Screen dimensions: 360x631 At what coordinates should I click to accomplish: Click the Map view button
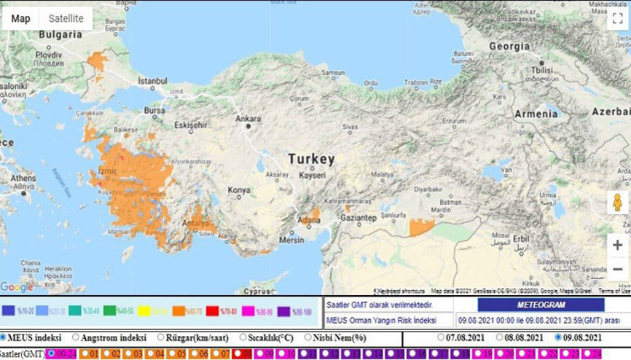21,18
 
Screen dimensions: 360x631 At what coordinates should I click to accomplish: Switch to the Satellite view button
66,18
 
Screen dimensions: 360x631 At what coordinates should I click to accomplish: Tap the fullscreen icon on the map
616,18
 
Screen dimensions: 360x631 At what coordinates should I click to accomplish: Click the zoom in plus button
617,245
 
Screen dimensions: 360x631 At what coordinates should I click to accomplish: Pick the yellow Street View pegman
617,203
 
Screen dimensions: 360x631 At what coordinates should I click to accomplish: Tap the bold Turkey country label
311,159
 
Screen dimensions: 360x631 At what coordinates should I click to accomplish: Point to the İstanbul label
153,79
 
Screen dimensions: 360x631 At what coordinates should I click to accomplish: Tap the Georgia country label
509,46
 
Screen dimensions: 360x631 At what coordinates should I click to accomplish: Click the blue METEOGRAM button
541,305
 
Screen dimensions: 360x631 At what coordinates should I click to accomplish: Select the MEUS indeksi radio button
4,337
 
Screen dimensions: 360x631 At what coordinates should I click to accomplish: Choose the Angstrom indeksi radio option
76,337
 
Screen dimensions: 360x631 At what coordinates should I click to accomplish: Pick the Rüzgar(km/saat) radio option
161,337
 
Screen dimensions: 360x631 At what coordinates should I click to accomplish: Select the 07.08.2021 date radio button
442,337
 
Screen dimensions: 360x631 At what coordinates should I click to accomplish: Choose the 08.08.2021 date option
499,337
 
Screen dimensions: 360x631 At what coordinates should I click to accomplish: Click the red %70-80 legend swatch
225,311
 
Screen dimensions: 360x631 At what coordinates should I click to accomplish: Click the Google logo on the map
17,287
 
